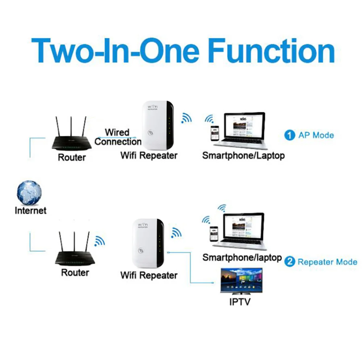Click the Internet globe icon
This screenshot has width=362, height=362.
click(x=29, y=193)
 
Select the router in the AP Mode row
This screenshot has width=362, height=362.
click(x=72, y=143)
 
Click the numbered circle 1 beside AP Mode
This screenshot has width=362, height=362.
click(x=290, y=136)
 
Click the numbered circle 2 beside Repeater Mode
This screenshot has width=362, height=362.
click(x=290, y=262)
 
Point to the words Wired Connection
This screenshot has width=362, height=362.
click(x=117, y=137)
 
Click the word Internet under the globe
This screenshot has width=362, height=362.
click(x=30, y=210)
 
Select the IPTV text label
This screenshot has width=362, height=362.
click(x=240, y=302)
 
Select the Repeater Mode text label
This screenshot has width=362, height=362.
click(x=327, y=262)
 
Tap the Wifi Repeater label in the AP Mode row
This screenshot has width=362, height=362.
click(x=149, y=156)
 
